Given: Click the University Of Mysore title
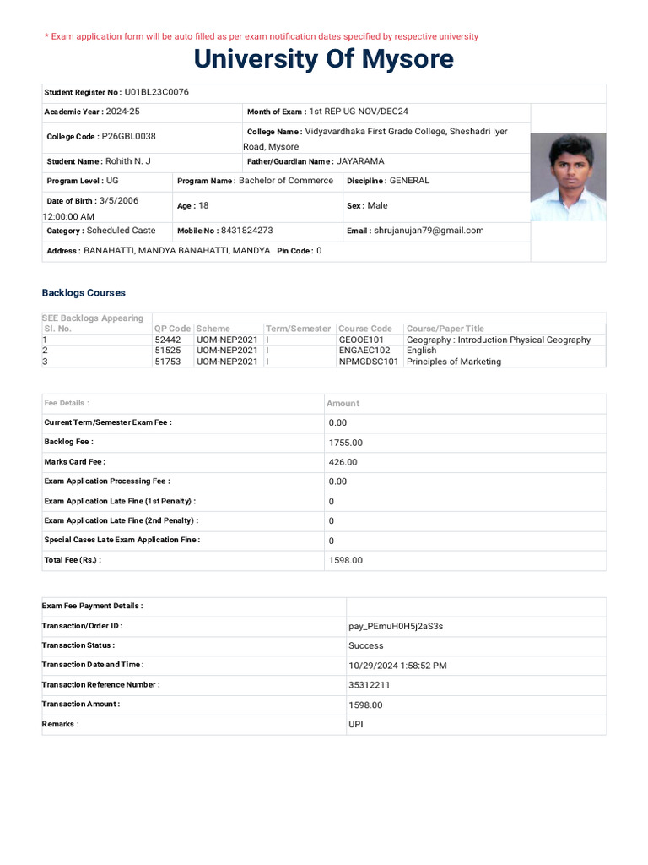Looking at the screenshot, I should [x=323, y=59].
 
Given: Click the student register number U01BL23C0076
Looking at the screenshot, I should [x=156, y=92].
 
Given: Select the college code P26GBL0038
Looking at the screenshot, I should [x=128, y=136].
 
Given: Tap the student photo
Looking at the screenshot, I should [x=567, y=177].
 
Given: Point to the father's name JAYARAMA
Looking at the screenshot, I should [x=360, y=161].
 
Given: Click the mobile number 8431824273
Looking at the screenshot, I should [x=246, y=231].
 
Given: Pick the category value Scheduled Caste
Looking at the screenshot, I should [x=121, y=231].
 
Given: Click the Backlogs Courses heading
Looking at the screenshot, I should [x=84, y=293].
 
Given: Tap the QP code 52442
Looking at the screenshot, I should [x=168, y=340].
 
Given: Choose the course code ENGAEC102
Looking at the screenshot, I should [x=364, y=351].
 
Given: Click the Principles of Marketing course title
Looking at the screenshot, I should [x=454, y=362].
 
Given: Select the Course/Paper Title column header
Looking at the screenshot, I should [x=445, y=329].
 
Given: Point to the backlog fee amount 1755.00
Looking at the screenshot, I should [x=346, y=443].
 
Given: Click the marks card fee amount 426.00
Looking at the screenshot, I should [x=343, y=462].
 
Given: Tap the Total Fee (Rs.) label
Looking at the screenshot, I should [x=73, y=560].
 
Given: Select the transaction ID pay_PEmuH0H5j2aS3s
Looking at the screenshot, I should [x=396, y=627].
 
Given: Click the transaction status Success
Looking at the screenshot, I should [x=366, y=646].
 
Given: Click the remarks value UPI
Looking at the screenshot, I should [x=356, y=725].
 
